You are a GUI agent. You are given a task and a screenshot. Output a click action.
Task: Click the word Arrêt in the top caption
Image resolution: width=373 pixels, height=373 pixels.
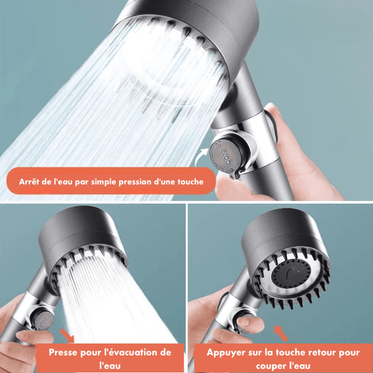[29, 182]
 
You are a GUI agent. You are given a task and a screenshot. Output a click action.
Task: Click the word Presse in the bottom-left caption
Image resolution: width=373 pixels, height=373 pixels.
[63, 353]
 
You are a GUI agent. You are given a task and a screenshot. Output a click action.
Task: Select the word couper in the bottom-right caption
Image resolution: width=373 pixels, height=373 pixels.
[270, 366]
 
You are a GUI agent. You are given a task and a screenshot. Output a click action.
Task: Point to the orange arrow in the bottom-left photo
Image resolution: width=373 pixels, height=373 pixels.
[67, 336]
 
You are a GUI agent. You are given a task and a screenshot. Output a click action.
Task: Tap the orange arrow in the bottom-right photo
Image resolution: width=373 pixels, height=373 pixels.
[281, 333]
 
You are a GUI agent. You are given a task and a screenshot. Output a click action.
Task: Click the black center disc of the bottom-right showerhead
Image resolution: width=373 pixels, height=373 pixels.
[291, 275]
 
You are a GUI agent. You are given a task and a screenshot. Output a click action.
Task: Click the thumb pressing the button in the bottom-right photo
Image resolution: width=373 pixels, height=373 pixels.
[250, 324]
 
